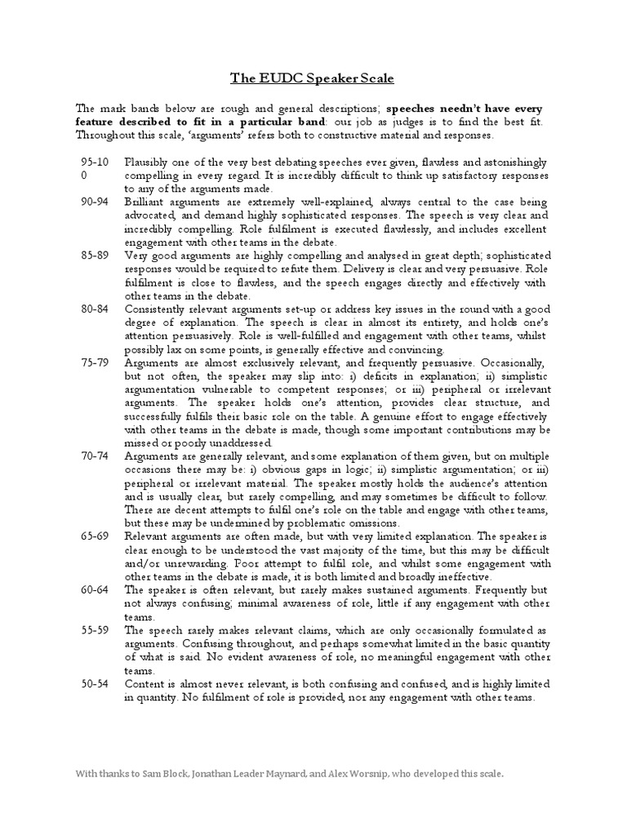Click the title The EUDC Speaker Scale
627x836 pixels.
(x=313, y=78)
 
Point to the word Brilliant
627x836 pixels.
(x=145, y=202)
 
